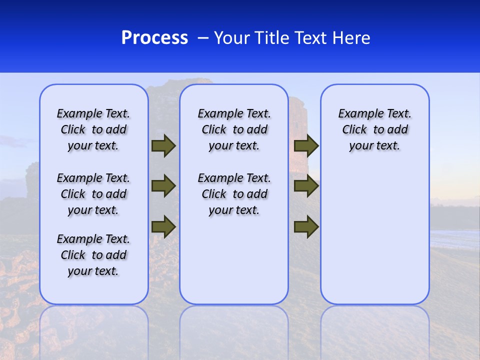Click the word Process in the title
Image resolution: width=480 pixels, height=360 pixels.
(x=154, y=38)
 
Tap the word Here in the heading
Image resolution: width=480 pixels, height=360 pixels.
(x=350, y=38)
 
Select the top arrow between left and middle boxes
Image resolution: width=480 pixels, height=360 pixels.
(x=163, y=146)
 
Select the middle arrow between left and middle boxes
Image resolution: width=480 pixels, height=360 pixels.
(x=163, y=186)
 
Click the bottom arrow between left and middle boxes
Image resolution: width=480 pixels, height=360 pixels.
(x=163, y=226)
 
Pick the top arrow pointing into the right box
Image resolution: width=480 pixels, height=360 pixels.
(x=306, y=146)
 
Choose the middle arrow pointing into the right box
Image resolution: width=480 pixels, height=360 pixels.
(x=306, y=186)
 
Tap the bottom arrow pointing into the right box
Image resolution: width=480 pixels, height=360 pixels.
(x=306, y=226)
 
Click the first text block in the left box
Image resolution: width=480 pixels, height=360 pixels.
(x=93, y=129)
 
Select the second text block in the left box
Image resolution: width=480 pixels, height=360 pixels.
(x=93, y=194)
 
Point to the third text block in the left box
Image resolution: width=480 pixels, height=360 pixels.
(x=93, y=255)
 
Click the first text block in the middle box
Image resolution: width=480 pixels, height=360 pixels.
(x=234, y=129)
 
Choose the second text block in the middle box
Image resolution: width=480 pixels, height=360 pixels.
(x=234, y=194)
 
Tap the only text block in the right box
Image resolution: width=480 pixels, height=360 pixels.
(x=375, y=129)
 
